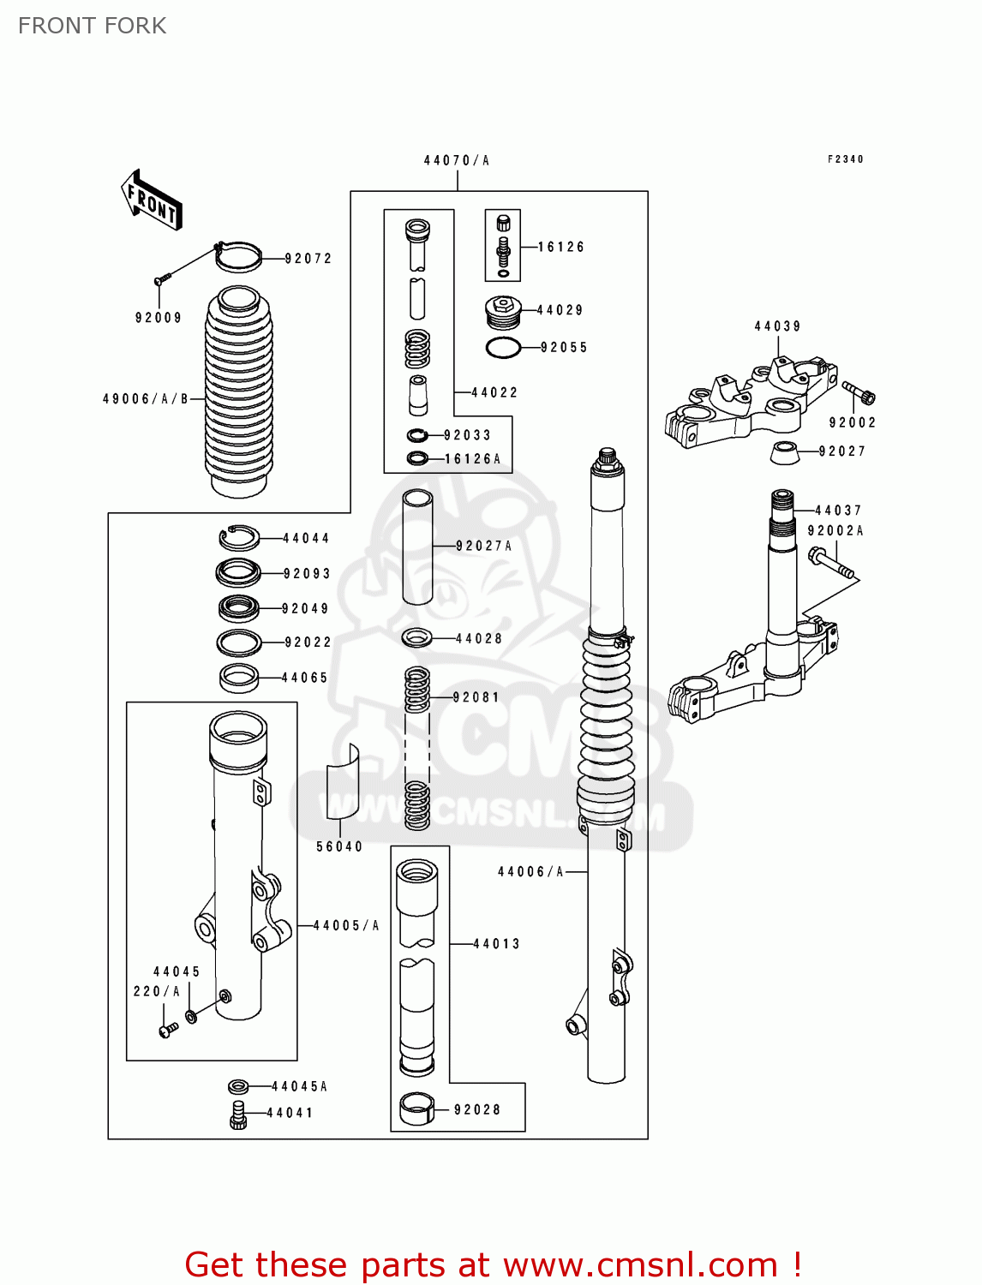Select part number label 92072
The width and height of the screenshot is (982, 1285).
click(x=308, y=258)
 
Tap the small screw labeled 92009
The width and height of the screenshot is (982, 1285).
click(x=161, y=278)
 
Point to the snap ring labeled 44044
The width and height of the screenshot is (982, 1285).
click(x=238, y=538)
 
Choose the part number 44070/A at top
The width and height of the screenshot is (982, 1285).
click(x=457, y=160)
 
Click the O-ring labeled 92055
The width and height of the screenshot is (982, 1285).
click(x=503, y=348)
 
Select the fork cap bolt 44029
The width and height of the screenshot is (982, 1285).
click(x=503, y=312)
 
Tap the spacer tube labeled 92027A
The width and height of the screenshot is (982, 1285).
click(x=417, y=547)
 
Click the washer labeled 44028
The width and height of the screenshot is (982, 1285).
click(x=416, y=638)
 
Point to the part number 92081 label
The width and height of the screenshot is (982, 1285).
click(x=476, y=697)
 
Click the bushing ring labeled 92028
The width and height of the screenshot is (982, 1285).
click(x=417, y=1109)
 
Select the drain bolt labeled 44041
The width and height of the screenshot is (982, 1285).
click(x=238, y=1114)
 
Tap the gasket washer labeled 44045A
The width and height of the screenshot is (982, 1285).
click(x=238, y=1086)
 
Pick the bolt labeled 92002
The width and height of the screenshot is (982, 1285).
click(x=859, y=393)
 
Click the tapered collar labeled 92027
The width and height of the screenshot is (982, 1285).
click(x=782, y=452)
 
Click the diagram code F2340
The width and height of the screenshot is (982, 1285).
click(x=845, y=159)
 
